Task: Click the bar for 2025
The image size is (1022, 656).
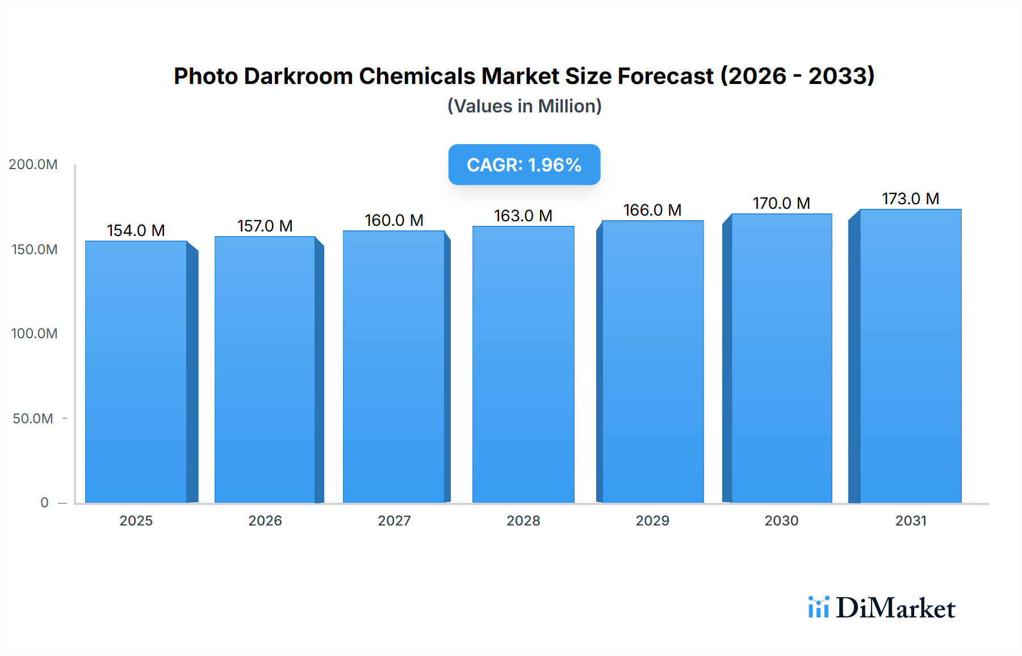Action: coord(136,372)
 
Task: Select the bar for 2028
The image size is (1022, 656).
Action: coord(523,364)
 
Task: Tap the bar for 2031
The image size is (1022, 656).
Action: coord(911,356)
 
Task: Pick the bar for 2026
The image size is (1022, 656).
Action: coord(265,369)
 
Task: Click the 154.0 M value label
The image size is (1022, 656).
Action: coord(136,230)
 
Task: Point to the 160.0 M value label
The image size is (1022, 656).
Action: coord(394,220)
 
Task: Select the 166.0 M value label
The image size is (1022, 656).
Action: coord(652,210)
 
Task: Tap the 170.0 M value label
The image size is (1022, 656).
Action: coord(781,203)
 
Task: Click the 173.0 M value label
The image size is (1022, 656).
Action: coord(910,199)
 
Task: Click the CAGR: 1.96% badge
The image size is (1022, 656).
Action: coord(524,165)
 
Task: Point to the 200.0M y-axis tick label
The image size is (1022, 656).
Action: coord(33,165)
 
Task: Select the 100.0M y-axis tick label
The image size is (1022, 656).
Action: coord(34,334)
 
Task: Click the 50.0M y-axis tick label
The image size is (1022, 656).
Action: coord(33,419)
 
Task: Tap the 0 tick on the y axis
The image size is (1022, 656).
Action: coord(44,503)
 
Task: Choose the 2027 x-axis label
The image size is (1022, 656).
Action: coord(394,521)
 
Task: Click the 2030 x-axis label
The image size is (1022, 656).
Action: coord(781,521)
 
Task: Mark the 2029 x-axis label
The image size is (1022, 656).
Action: coord(652,521)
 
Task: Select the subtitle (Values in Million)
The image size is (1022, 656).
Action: coord(524,106)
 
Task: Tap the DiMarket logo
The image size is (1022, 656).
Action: coord(882,608)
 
